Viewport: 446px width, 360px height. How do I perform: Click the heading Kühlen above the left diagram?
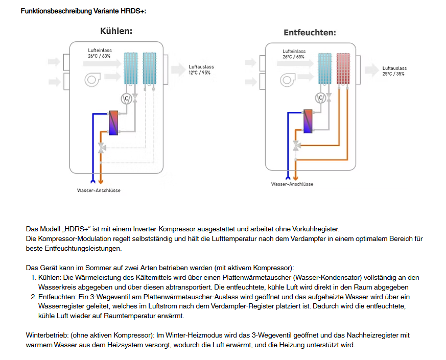coord(116,31)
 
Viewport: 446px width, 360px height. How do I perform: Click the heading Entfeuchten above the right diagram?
coord(310,33)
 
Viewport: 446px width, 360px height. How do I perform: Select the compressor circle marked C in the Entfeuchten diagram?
coord(321,97)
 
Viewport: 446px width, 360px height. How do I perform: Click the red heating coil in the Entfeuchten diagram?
coord(343,68)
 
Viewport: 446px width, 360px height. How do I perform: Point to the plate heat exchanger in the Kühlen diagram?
coord(113,123)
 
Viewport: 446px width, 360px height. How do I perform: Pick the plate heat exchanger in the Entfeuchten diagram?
coord(308,122)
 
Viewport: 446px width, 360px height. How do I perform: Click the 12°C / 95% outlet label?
coord(199,73)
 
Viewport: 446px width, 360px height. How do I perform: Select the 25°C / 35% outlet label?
coord(393,74)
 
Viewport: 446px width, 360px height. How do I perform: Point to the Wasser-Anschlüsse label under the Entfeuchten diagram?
coord(292,184)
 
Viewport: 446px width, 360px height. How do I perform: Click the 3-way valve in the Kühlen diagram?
coord(103,148)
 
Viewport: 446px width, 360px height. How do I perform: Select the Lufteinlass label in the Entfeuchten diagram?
coord(294,51)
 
